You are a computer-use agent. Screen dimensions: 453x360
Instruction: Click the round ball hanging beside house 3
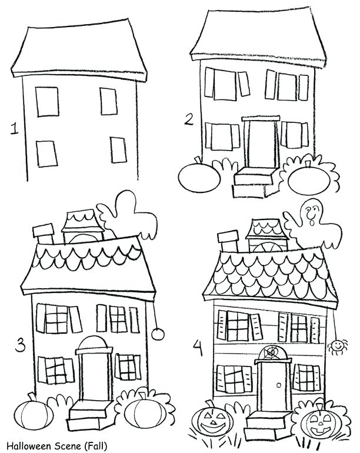pyautogui.click(x=157, y=334)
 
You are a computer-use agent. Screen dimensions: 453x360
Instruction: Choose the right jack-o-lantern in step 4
pyautogui.click(x=318, y=421)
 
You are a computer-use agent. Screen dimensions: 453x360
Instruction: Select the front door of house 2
pyautogui.click(x=262, y=145)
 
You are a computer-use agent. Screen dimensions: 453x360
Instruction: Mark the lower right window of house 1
pyautogui.click(x=118, y=150)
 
